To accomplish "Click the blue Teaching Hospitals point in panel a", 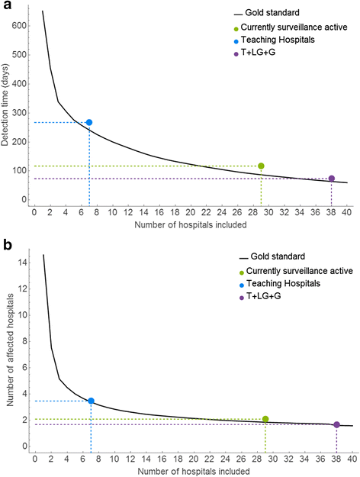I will (x=89, y=122).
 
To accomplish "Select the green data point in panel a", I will (x=261, y=166).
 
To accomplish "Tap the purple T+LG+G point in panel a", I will (x=331, y=179).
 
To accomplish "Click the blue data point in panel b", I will (x=92, y=401).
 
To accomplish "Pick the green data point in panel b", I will (x=265, y=419).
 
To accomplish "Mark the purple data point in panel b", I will (x=336, y=424).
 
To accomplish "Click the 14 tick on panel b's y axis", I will (x=22, y=262).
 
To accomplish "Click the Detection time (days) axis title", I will (x=7, y=107).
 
